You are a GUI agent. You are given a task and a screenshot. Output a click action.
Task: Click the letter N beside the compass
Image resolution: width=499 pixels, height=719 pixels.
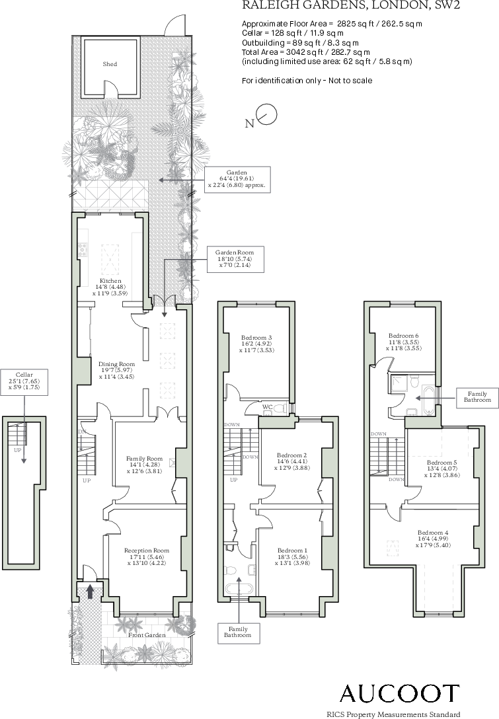point(249,124)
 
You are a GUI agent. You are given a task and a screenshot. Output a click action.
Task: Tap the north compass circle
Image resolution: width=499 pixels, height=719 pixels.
point(268,114)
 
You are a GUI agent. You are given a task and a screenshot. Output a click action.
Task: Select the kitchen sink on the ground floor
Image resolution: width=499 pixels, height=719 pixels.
point(83,250)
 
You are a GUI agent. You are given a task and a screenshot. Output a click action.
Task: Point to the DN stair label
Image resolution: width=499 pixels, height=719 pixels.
point(82,432)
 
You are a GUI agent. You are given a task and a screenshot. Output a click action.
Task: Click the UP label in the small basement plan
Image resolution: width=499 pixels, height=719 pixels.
point(18,450)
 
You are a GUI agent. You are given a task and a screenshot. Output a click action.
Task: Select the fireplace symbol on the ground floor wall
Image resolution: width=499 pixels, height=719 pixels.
point(173,463)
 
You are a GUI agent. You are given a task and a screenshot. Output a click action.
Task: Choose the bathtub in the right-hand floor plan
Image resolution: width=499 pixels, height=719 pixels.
point(429,400)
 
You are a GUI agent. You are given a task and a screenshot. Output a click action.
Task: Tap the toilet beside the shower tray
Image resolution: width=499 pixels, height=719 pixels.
point(415,381)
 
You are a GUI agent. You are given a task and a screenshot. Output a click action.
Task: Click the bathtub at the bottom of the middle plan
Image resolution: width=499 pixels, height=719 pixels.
point(239,589)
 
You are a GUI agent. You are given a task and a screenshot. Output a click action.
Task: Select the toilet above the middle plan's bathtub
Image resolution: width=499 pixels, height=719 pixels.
point(230,570)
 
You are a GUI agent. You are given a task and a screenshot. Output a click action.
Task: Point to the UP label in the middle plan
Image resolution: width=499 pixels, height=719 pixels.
point(233,480)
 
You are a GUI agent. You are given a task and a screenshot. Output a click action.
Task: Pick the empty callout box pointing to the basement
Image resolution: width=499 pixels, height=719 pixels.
point(24,382)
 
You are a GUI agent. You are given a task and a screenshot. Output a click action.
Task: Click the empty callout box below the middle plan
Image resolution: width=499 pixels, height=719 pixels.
point(239,633)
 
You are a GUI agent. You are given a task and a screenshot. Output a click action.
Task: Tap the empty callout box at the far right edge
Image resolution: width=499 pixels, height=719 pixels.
point(477,398)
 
